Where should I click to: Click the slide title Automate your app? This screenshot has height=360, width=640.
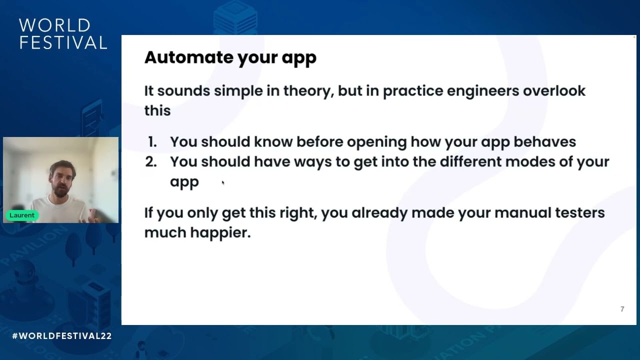tap(230, 57)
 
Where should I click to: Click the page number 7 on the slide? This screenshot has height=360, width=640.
tap(622, 309)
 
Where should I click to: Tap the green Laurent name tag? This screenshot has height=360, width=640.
tap(22, 215)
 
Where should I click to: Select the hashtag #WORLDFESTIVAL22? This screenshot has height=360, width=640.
tap(62, 336)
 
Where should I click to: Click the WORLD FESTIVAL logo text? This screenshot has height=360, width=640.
tap(63, 34)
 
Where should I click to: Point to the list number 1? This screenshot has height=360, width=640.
tap(152, 142)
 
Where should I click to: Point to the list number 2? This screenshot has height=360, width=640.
tap(151, 162)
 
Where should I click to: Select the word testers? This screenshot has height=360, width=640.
tap(579, 212)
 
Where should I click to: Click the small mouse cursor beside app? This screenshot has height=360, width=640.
tap(223, 183)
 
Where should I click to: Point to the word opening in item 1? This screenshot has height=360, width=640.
tap(376, 142)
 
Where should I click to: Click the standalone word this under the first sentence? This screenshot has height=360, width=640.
tap(157, 110)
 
